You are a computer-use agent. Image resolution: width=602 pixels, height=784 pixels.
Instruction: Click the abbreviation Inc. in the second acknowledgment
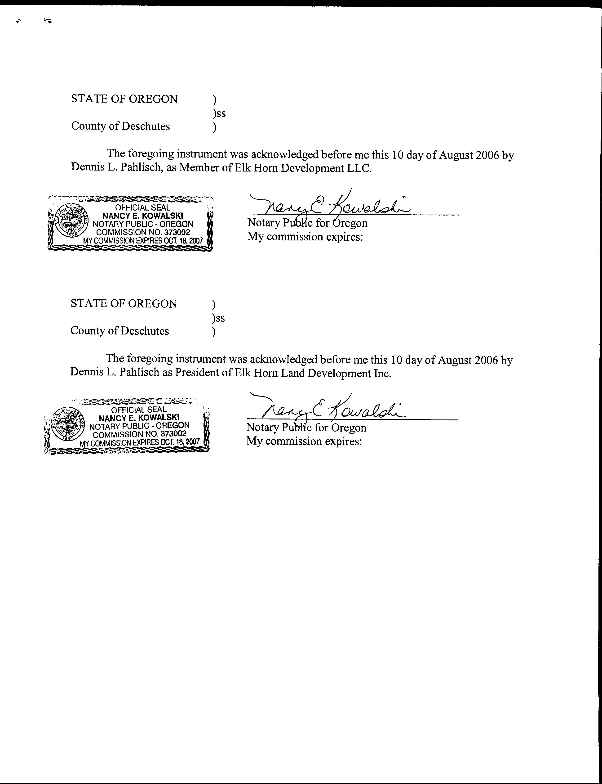[383, 373]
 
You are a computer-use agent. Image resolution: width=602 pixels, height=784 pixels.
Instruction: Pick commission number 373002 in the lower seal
[173, 434]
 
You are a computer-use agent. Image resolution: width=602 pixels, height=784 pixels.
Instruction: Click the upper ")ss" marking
[219, 113]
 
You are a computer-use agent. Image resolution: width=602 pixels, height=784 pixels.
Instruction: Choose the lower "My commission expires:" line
[304, 441]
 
